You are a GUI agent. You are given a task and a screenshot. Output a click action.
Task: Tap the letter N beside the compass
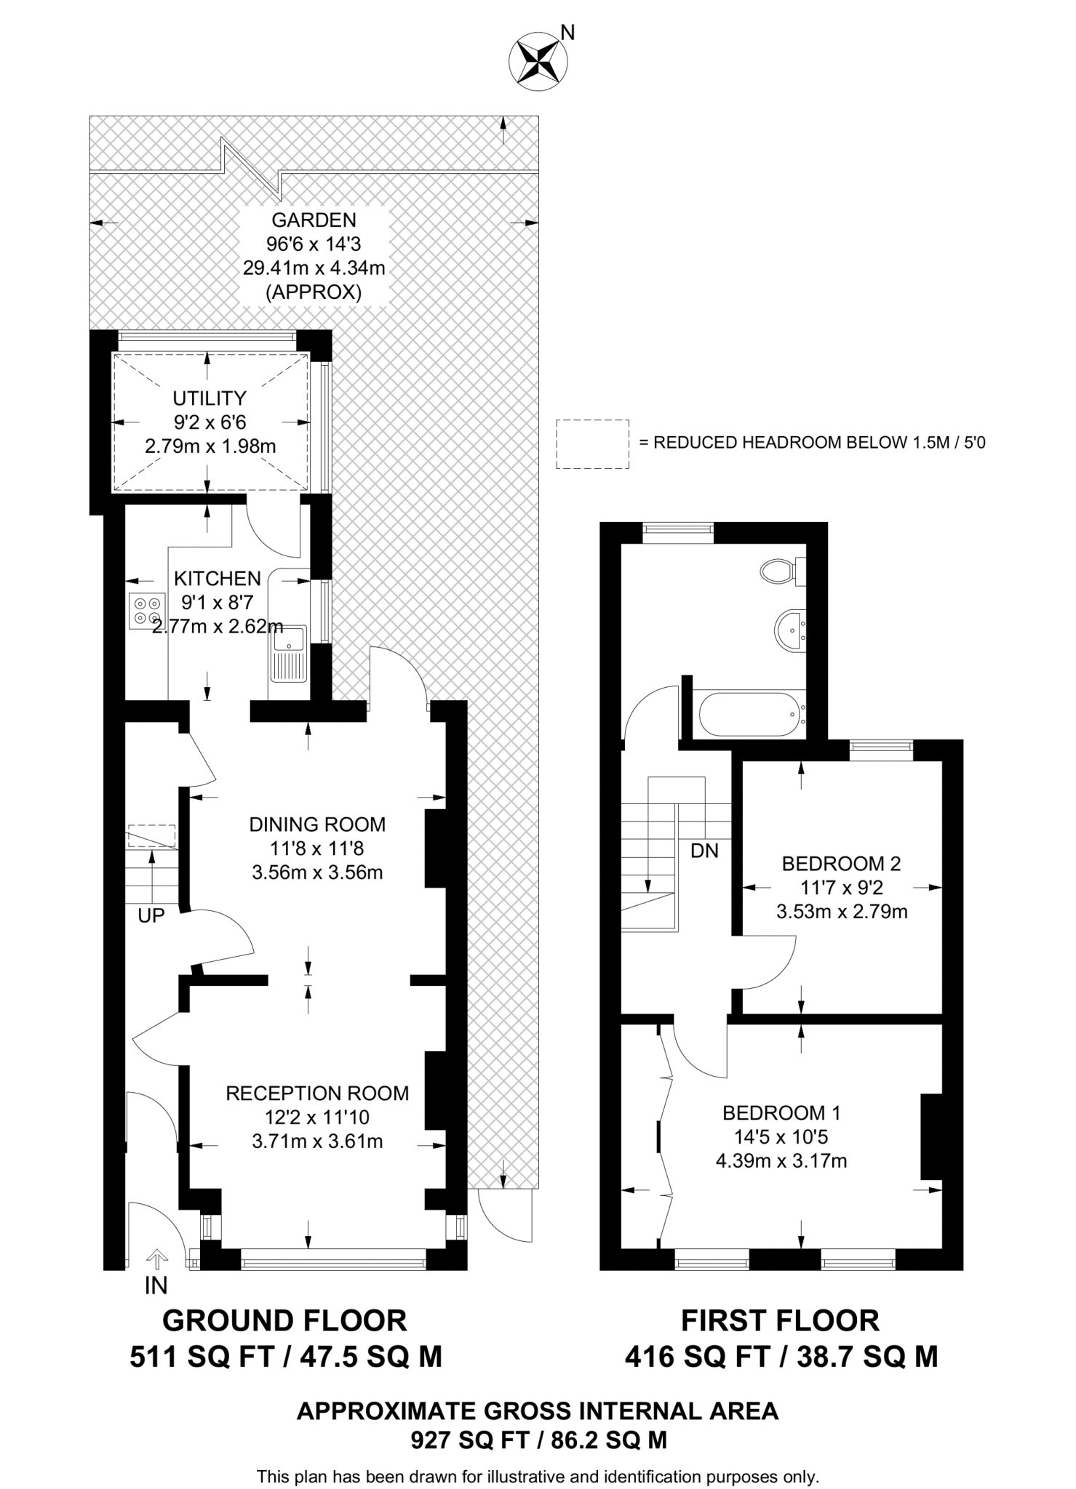568,32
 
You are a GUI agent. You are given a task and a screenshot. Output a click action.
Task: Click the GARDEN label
314,220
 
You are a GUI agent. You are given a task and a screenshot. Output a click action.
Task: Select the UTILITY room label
210,398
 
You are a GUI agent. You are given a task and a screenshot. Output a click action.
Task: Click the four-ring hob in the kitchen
146,611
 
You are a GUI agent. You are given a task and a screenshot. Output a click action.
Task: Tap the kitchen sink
289,654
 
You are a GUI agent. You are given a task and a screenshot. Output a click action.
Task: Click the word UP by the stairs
151,916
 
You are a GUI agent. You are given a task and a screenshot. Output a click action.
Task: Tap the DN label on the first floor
704,850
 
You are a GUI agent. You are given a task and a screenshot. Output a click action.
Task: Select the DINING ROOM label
317,824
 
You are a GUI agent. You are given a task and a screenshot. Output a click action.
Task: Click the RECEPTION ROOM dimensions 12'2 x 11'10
317,1117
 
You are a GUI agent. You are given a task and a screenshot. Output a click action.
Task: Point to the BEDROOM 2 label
841,864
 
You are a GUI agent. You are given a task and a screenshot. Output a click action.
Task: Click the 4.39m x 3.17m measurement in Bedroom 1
781,1161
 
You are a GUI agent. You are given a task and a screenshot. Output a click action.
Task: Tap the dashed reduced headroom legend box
593,444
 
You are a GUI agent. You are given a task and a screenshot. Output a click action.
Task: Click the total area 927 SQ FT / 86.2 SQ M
538,1440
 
